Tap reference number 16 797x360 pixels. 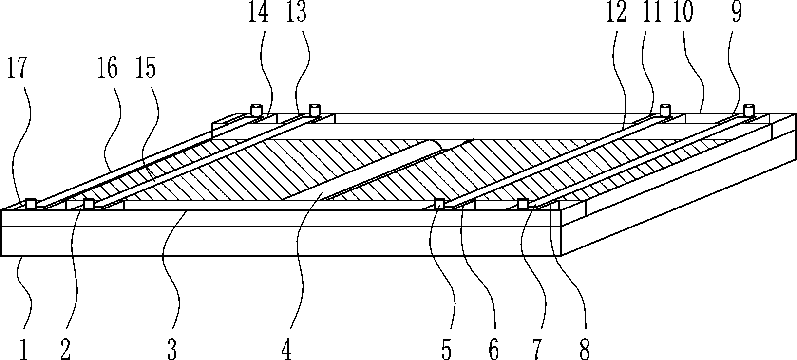[x=107, y=69]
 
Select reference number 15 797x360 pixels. [x=146, y=69]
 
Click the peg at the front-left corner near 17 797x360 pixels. [x=32, y=203]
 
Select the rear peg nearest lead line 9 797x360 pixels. [x=748, y=110]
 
